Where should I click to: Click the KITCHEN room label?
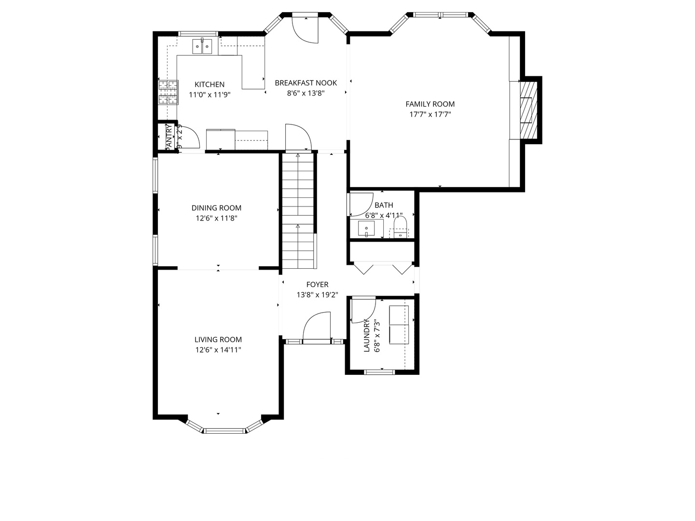(x=209, y=84)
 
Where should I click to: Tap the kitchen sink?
(x=203, y=46)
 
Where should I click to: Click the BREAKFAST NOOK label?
(x=306, y=83)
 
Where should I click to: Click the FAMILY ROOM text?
(x=430, y=104)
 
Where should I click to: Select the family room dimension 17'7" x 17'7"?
(x=430, y=114)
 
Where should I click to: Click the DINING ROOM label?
(x=216, y=208)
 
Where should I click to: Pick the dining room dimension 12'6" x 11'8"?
(x=216, y=218)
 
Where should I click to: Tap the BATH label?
(x=384, y=205)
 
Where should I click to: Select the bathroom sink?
(x=367, y=228)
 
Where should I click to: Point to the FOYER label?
(x=317, y=285)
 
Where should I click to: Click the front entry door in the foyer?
(x=317, y=328)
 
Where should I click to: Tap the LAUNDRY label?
(x=366, y=335)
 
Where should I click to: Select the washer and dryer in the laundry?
(x=398, y=324)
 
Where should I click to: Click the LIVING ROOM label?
(x=218, y=340)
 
